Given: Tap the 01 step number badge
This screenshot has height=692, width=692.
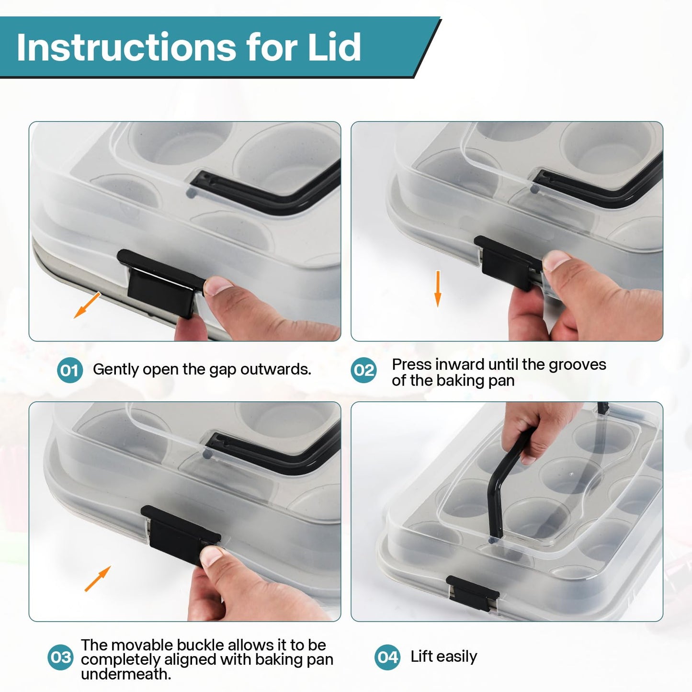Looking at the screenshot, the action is pos(69,370).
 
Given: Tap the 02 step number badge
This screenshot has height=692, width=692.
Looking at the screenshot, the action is pos(364,370).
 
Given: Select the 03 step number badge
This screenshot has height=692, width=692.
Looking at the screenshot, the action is pos(60,657).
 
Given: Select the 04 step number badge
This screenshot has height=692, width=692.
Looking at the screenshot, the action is pos(387,657).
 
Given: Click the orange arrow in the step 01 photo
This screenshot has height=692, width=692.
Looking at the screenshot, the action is pos(87,305).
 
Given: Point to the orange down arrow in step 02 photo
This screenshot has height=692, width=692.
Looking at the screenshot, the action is pos(438,289).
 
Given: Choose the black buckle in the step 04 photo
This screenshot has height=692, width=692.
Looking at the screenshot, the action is pos(472,592).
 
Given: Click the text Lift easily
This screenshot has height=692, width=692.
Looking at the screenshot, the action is pos(444,657).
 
